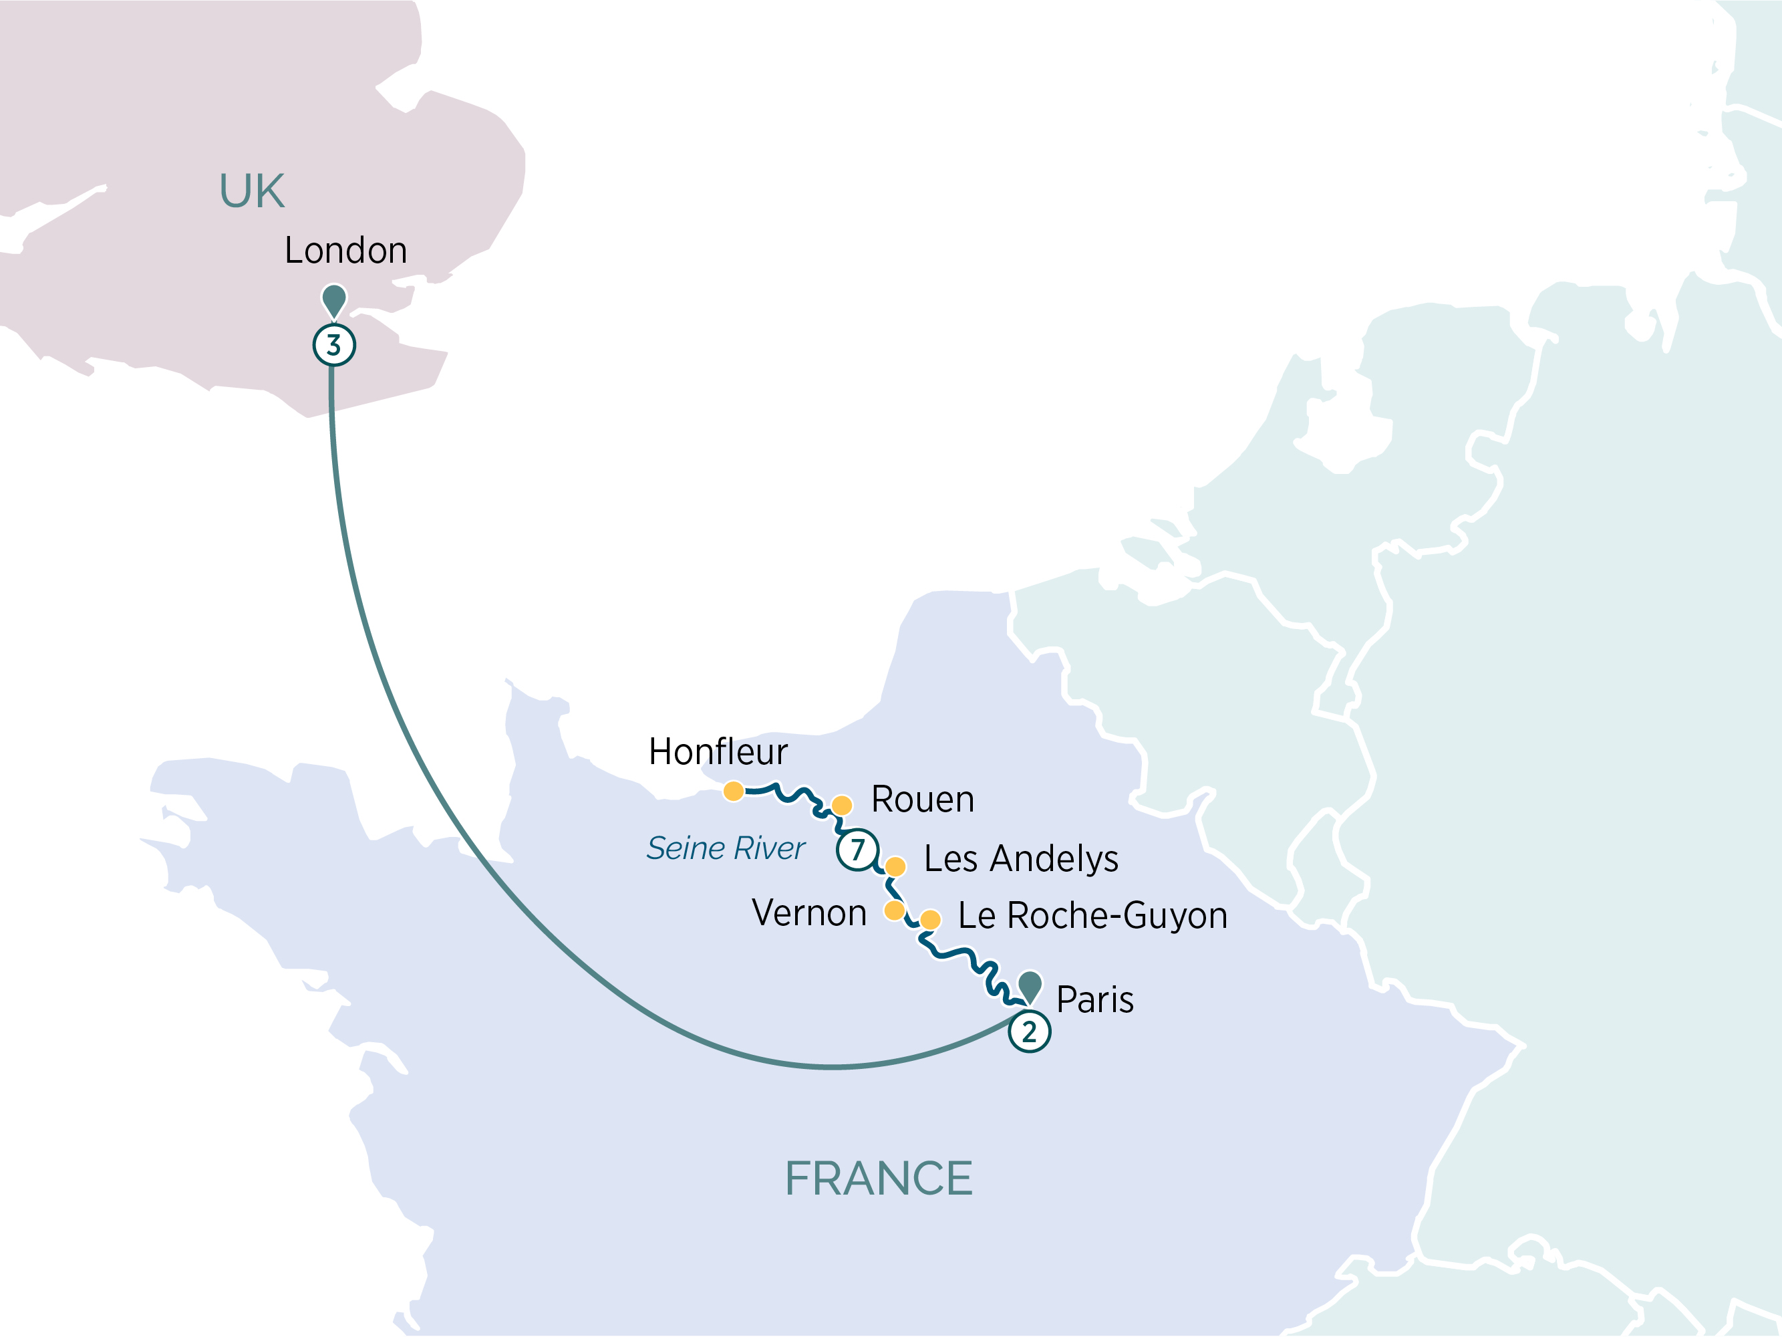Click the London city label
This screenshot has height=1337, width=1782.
345,251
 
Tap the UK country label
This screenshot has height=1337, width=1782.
252,192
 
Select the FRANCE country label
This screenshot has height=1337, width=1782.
878,1179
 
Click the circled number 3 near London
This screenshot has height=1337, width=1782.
333,345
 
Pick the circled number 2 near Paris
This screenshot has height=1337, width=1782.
1029,1031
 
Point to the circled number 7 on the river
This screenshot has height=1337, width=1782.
857,850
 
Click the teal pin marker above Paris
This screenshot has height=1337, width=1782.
1030,985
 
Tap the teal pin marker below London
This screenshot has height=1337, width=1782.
333,299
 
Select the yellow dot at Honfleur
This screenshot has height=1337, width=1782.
733,791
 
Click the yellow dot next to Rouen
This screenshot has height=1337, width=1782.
842,805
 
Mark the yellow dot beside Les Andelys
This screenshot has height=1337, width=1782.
895,866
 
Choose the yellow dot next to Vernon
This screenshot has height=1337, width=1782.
893,910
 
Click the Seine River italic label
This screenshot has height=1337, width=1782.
725,848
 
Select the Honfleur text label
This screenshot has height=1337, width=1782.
718,752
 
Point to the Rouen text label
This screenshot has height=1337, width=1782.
923,800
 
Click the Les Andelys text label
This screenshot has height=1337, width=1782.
1021,858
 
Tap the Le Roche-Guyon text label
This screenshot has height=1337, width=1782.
1092,915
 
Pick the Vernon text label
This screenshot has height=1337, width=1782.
809,913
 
